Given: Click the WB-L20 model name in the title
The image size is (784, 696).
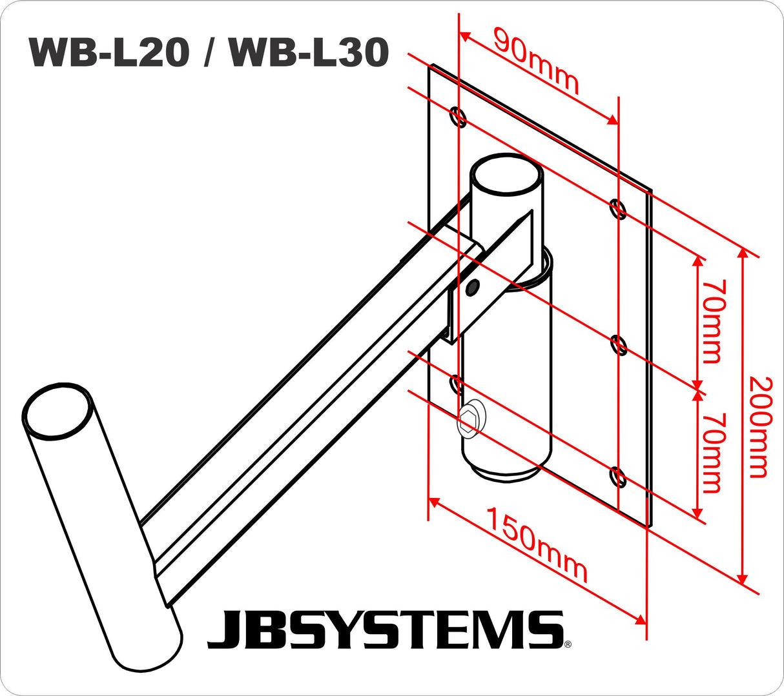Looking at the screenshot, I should (109, 52).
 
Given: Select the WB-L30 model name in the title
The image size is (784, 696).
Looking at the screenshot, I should (309, 52).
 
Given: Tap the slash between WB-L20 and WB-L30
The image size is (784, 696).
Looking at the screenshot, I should (209, 52).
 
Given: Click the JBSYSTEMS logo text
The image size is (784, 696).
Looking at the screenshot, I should (384, 630).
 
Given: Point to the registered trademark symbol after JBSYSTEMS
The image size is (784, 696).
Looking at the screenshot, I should (568, 644).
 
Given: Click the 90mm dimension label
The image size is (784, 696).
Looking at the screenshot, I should (536, 60).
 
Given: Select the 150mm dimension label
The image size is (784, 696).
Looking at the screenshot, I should (537, 545).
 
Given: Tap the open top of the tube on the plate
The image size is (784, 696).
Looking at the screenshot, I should (506, 174).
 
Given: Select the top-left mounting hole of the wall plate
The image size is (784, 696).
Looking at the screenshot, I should (458, 117).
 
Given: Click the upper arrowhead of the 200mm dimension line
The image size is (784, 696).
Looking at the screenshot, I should (743, 253).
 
